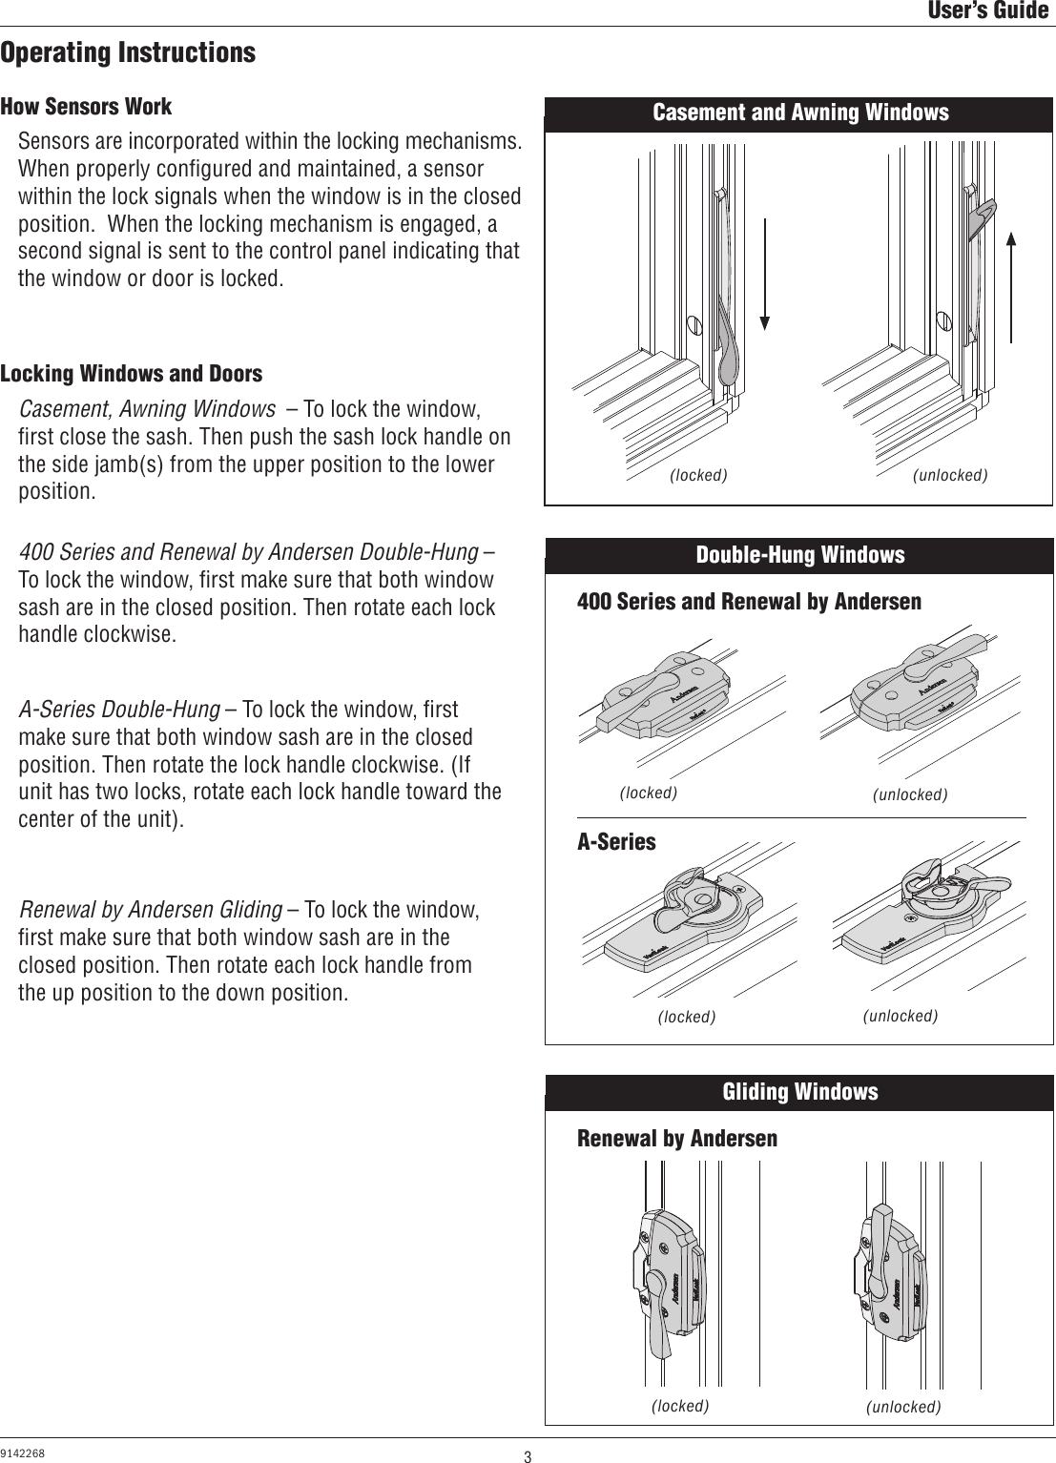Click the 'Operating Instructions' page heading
click(x=128, y=52)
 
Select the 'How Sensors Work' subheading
click(x=86, y=107)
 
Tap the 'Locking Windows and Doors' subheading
click(x=131, y=374)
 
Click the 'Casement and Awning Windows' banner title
click(x=800, y=113)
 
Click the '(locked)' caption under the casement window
click(x=698, y=475)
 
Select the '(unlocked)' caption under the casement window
click(x=950, y=475)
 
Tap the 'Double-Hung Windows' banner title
click(x=800, y=555)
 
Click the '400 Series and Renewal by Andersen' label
click(x=749, y=602)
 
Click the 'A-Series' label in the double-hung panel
click(x=616, y=842)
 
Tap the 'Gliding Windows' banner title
click(x=800, y=1092)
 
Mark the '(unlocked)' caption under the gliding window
click(x=903, y=1407)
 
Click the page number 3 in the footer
click(x=527, y=1456)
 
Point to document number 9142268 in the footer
click(x=23, y=1453)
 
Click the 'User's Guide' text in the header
click(x=988, y=11)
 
